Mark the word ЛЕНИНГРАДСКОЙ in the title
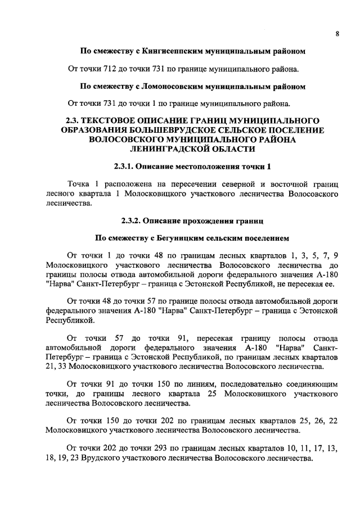pyautogui.click(x=174, y=149)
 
